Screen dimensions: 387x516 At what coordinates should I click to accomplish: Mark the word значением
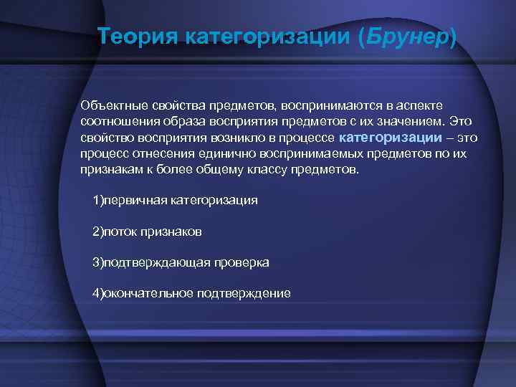pyautogui.click(x=403, y=121)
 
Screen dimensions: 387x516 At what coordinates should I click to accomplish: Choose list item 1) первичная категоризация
pyautogui.click(x=175, y=199)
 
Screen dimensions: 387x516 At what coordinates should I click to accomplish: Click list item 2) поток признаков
pyautogui.click(x=147, y=231)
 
